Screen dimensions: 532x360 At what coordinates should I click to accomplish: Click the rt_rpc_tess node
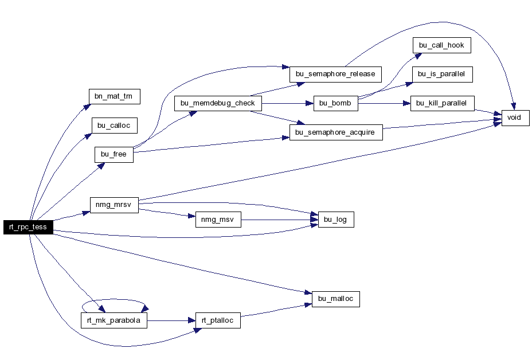[x=28, y=227]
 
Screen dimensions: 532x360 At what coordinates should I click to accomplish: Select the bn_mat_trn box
[x=114, y=96]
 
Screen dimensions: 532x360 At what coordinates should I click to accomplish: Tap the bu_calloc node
[x=114, y=126]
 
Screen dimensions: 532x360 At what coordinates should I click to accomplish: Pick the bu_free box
[x=114, y=154]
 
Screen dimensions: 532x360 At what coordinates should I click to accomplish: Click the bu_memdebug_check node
[x=218, y=103]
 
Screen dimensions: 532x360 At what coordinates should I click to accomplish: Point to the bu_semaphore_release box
[x=335, y=75]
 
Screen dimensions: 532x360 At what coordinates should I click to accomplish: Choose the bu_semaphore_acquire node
[x=336, y=132]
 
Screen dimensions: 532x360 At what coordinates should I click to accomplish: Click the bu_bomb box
[x=336, y=103]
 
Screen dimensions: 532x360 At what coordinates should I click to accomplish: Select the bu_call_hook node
[x=442, y=45]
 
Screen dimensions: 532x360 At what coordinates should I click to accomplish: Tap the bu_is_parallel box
[x=443, y=75]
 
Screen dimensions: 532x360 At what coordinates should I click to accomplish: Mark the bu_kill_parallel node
[x=443, y=103]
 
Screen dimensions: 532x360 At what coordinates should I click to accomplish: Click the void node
[x=515, y=118]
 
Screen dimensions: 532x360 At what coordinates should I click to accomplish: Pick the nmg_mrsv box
[x=114, y=205]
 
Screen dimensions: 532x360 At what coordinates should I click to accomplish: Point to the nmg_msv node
[x=218, y=220]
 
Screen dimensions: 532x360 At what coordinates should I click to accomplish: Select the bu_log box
[x=336, y=220]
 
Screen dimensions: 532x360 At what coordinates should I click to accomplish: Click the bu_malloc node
[x=336, y=299]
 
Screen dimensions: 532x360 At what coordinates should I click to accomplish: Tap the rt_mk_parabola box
[x=114, y=320]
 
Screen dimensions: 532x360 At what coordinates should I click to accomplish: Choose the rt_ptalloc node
[x=218, y=320]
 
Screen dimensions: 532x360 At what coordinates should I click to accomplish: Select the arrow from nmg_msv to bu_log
[x=280, y=220]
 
